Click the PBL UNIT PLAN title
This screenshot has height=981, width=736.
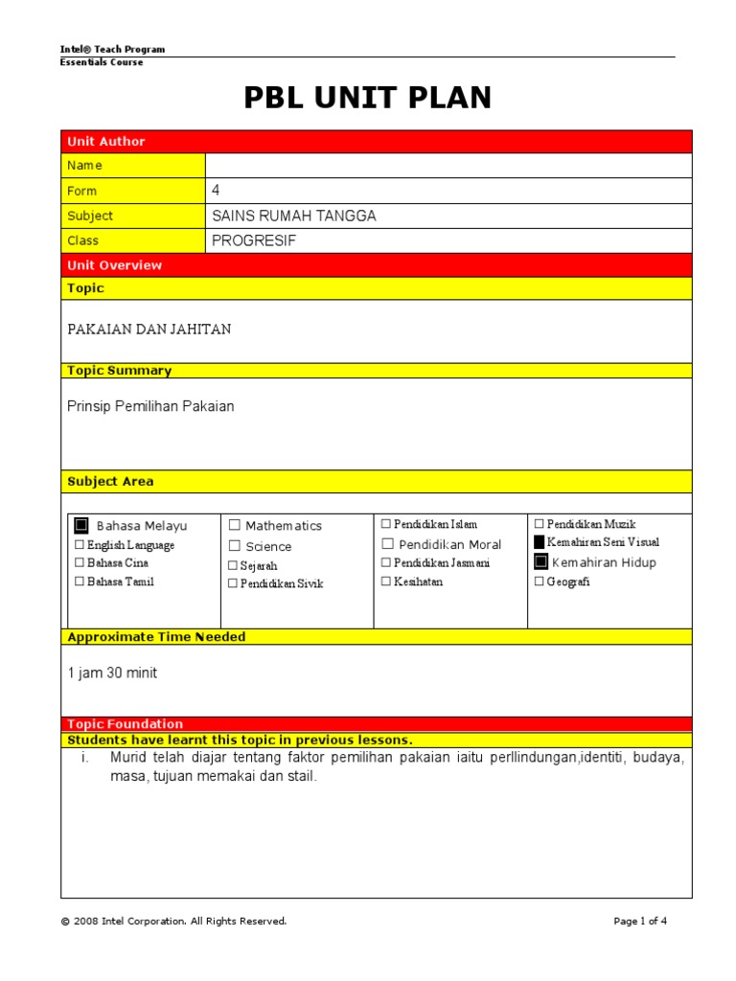(368, 98)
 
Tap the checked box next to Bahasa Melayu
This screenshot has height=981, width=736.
(81, 525)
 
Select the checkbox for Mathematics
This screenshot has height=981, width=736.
(235, 525)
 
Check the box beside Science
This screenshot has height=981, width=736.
(235, 546)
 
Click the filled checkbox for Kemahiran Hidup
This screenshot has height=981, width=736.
(540, 561)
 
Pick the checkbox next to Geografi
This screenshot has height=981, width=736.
(539, 582)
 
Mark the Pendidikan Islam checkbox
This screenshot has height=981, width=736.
(386, 524)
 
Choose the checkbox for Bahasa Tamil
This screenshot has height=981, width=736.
(79, 582)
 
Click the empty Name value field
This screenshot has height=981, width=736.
(448, 166)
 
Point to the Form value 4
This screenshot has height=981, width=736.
(216, 191)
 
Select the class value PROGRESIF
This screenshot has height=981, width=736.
(254, 240)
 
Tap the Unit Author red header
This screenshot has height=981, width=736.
(106, 142)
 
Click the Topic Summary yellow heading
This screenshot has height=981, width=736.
(120, 371)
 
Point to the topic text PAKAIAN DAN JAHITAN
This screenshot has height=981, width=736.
(149, 330)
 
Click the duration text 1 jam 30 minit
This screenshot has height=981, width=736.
(112, 673)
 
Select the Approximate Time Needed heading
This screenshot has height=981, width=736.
(156, 637)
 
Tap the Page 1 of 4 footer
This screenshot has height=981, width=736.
(639, 921)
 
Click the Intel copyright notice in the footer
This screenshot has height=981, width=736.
(173, 921)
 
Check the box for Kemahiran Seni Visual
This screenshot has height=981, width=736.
(540, 542)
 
